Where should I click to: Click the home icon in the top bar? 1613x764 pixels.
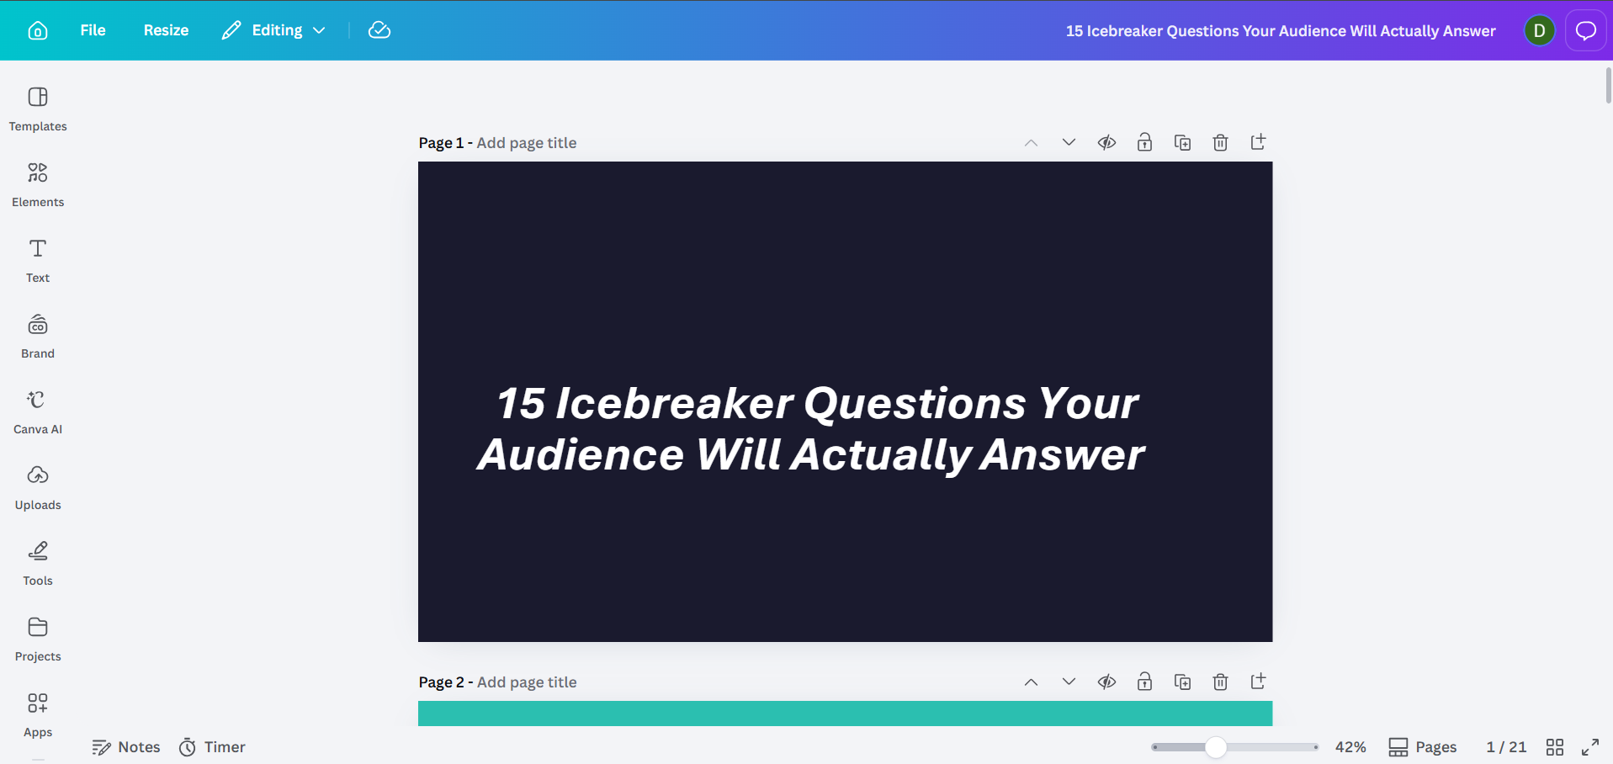click(38, 30)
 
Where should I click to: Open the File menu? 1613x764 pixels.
click(93, 30)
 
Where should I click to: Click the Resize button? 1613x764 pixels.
click(166, 30)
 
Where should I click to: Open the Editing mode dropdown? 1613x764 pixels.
click(273, 30)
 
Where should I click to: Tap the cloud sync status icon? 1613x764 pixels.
click(379, 30)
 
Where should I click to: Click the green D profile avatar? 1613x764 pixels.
click(1539, 31)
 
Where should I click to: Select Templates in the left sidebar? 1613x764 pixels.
click(38, 109)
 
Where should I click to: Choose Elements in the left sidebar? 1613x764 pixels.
click(38, 184)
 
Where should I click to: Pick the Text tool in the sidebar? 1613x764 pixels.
click(38, 260)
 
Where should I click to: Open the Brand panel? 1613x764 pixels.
click(38, 336)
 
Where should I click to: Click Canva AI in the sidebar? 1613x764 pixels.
click(38, 411)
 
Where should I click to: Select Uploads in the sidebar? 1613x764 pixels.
click(38, 487)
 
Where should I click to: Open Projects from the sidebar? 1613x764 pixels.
click(38, 639)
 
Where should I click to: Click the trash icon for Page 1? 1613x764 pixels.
click(1220, 142)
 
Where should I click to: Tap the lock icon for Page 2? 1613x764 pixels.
click(1144, 682)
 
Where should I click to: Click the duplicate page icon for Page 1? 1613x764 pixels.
click(1182, 142)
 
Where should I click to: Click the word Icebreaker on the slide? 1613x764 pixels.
click(674, 403)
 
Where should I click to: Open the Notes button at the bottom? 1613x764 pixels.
click(126, 747)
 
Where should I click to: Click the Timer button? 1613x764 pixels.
click(212, 747)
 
